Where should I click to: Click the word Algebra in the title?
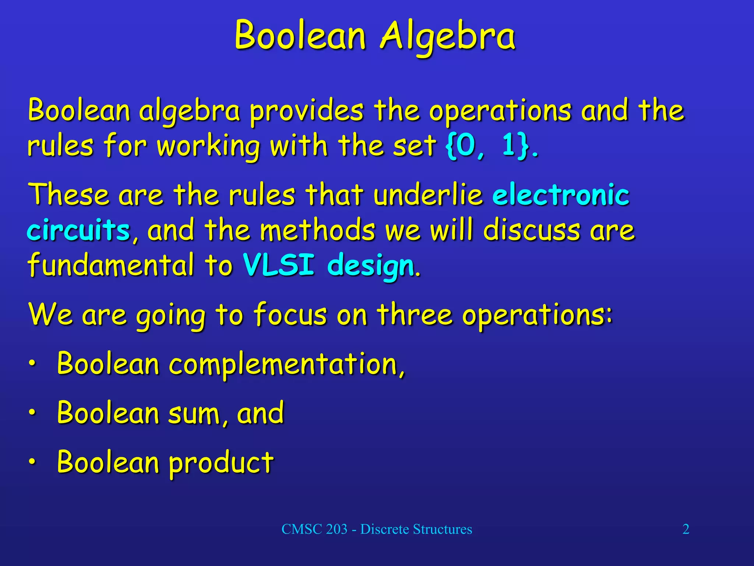pos(447,36)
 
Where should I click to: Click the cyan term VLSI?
pos(279,265)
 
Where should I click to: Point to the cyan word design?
pos(371,265)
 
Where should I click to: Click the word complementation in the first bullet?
pos(286,364)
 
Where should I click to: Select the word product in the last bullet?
pos(221,463)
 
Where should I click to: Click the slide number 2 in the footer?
pos(686,529)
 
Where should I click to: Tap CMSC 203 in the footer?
pos(314,529)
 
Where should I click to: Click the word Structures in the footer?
pos(442,529)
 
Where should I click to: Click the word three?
pos(414,315)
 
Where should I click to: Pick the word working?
pos(208,146)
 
